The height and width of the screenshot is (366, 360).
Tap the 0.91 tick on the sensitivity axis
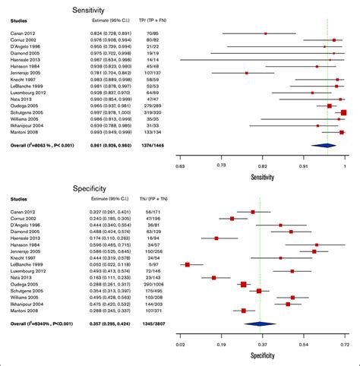point(304,163)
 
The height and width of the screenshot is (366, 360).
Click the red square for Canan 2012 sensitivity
point(265,33)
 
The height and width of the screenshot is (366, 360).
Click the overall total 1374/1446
point(146,144)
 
